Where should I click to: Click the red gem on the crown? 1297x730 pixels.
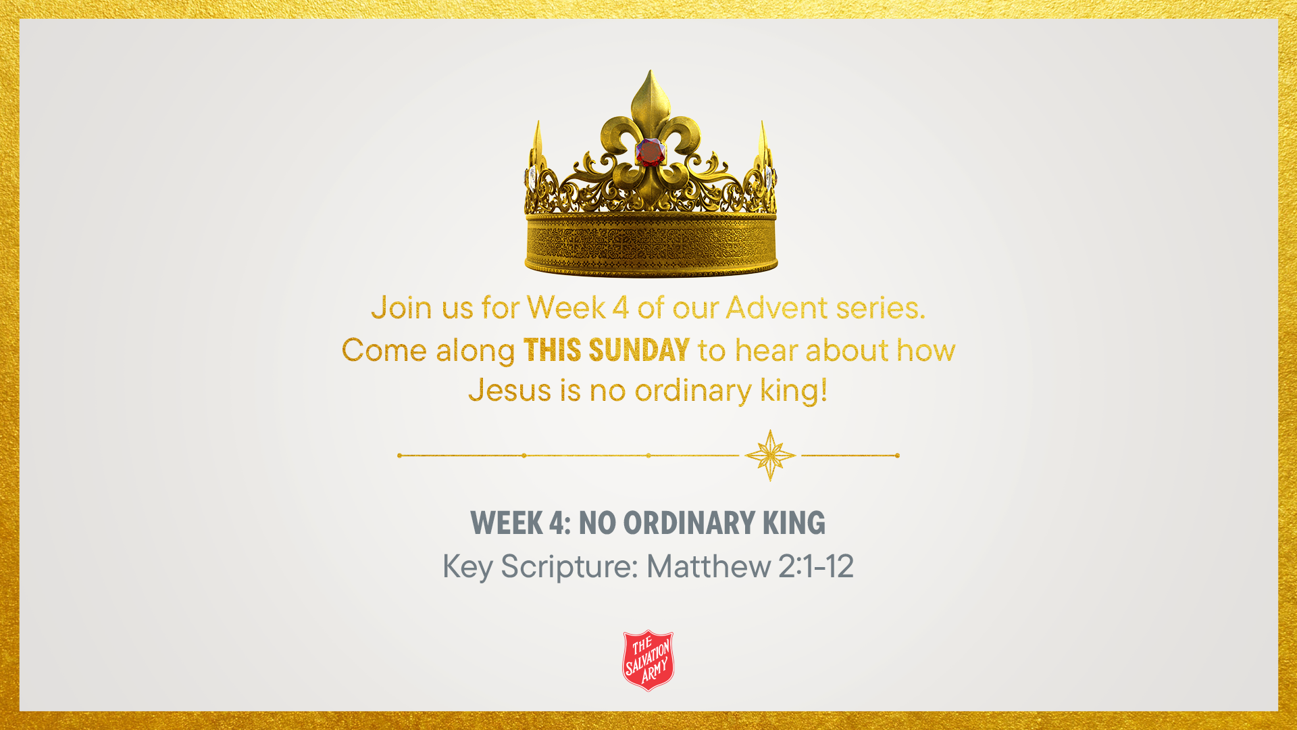pyautogui.click(x=651, y=152)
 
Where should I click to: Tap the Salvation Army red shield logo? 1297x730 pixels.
pyautogui.click(x=648, y=660)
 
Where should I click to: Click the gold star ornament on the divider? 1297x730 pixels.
pyautogui.click(x=770, y=456)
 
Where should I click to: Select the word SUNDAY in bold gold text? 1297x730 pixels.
pyautogui.click(x=639, y=350)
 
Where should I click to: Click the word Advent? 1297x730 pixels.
pyautogui.click(x=777, y=308)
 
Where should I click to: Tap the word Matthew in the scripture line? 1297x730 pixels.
pyautogui.click(x=709, y=566)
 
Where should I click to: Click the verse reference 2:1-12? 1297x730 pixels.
pyautogui.click(x=816, y=566)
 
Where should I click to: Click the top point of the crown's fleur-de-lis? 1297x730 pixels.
pyautogui.click(x=650, y=70)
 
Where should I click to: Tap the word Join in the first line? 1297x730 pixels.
pyautogui.click(x=402, y=308)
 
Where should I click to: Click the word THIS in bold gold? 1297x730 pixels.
pyautogui.click(x=552, y=350)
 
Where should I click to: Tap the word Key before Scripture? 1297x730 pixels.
pyautogui.click(x=467, y=567)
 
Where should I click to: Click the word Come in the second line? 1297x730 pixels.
pyautogui.click(x=384, y=350)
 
